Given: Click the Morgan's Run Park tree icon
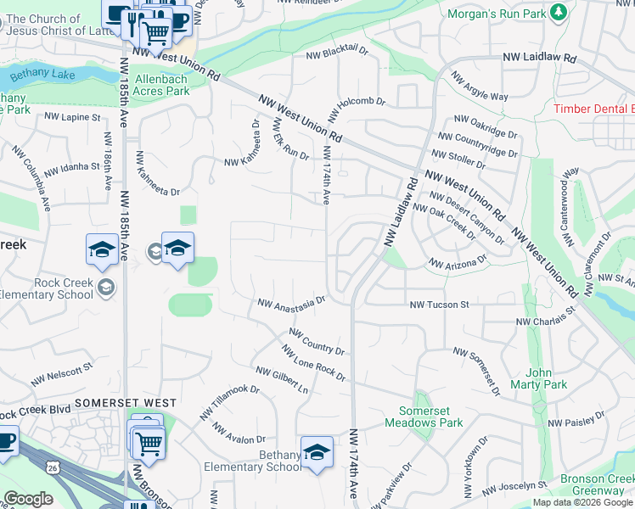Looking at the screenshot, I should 558,12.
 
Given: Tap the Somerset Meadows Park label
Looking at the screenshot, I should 424,417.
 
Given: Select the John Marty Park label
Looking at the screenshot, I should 538,378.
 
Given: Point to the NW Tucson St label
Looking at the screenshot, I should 439,305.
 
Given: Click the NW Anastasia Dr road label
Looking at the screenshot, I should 292,302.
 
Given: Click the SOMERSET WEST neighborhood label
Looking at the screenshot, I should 126,403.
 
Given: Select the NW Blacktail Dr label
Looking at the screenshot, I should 337,52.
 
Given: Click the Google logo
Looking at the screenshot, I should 29,499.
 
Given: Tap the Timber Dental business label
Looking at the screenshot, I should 593,109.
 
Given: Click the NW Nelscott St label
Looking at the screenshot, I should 61,373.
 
